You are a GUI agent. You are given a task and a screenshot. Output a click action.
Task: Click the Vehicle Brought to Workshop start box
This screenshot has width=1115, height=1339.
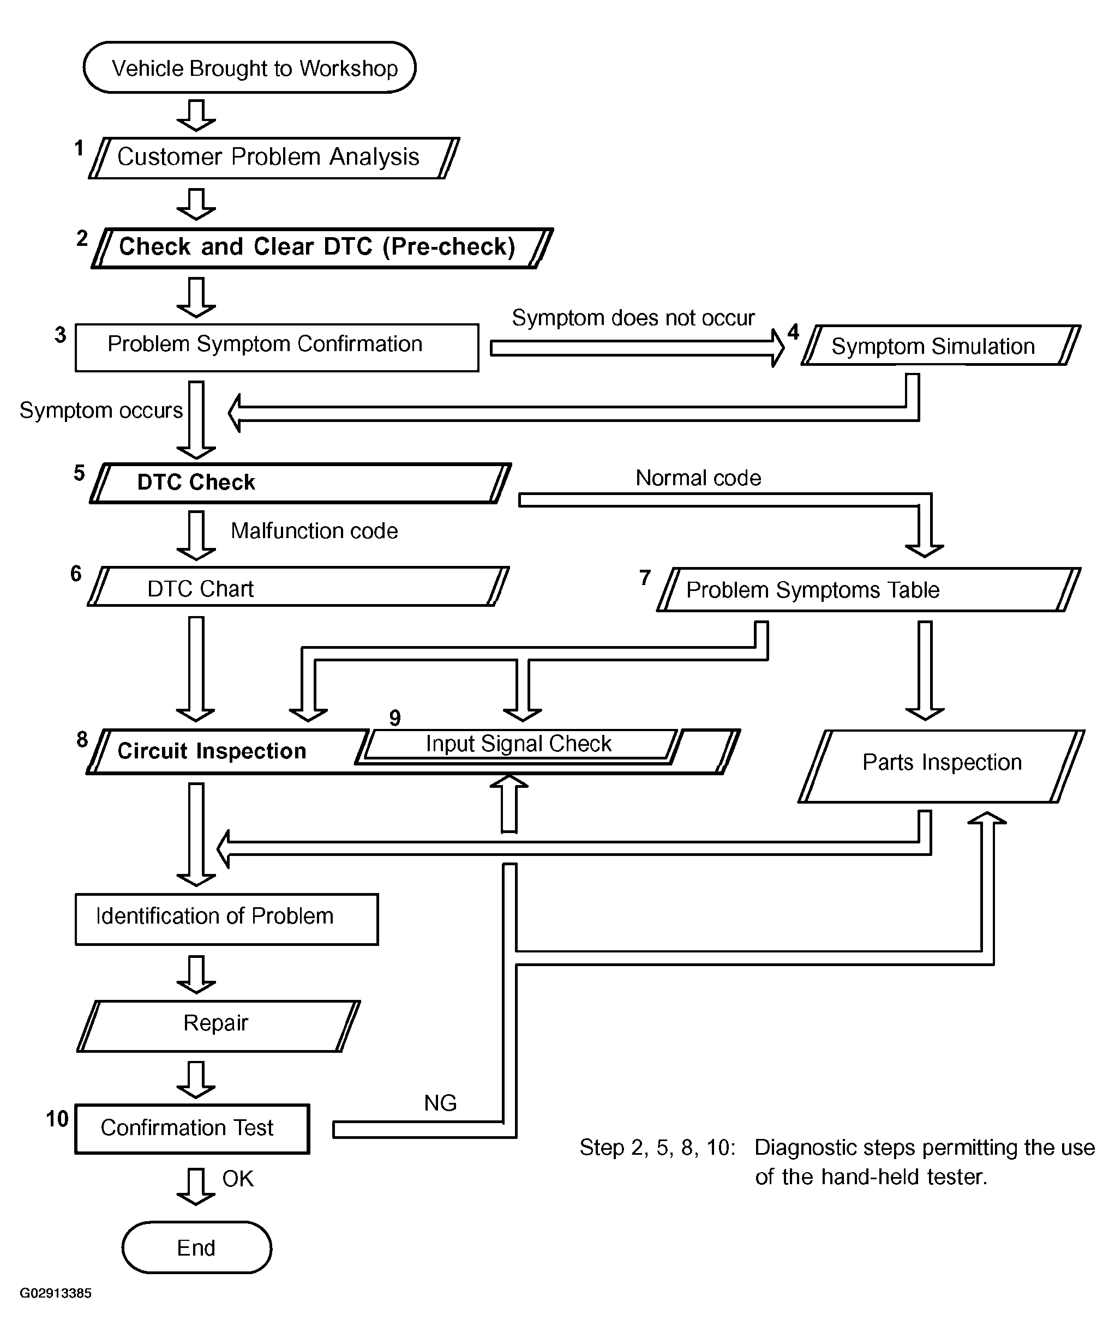coord(249,68)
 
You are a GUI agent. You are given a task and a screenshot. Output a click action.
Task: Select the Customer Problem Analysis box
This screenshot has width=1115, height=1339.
coord(274,158)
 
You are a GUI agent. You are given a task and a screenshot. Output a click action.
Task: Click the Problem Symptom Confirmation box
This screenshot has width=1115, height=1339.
coord(276,347)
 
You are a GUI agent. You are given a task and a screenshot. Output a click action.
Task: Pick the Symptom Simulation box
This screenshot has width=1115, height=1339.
coord(940,346)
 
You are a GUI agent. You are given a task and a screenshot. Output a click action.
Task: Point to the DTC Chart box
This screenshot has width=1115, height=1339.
coord(298,587)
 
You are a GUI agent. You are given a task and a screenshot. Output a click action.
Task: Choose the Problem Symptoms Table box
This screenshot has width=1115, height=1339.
coord(868,590)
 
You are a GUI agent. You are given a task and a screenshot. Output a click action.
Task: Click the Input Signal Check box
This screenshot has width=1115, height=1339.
coord(519,744)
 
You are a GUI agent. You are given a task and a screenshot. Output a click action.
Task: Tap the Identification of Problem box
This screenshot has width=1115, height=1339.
coord(226,919)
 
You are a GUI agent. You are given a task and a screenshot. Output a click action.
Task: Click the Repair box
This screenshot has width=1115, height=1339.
coord(218,1026)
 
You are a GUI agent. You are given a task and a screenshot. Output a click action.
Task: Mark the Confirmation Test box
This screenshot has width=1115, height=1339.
coord(192,1129)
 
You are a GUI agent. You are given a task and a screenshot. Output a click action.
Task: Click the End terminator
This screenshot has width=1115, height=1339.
coord(196,1247)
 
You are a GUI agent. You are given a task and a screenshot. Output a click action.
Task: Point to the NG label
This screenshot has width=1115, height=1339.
coord(440,1103)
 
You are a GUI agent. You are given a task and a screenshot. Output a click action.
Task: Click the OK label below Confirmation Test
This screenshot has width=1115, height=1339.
coord(237,1179)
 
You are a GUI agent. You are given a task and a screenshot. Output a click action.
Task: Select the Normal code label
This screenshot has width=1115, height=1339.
coord(698,478)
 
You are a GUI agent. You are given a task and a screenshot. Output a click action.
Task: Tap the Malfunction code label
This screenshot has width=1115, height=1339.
coord(314,531)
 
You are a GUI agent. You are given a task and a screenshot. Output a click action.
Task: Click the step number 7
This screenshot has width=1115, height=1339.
coord(645,578)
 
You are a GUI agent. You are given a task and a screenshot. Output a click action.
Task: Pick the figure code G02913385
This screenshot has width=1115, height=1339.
coord(56,1293)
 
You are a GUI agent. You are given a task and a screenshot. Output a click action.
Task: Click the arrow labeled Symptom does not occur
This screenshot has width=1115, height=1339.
coord(637,348)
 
